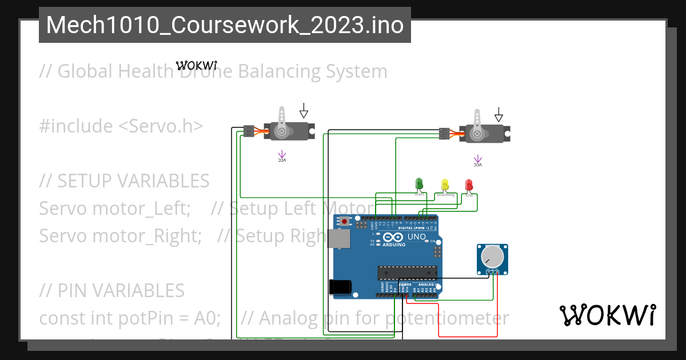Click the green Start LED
pos(419,184)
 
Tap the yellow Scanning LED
pos(445,185)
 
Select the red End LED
pos(469,185)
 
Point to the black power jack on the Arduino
pos(340,287)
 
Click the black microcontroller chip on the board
pos(407,273)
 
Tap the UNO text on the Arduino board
pos(416,237)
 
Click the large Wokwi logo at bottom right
pos(607,315)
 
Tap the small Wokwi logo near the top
pos(196,65)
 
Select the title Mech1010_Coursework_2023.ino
pos(225,25)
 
